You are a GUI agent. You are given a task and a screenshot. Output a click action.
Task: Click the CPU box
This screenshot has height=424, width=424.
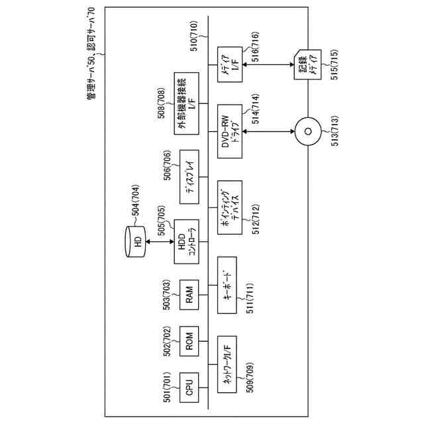click(189, 386)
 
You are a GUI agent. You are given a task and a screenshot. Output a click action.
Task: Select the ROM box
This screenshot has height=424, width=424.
click(189, 343)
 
